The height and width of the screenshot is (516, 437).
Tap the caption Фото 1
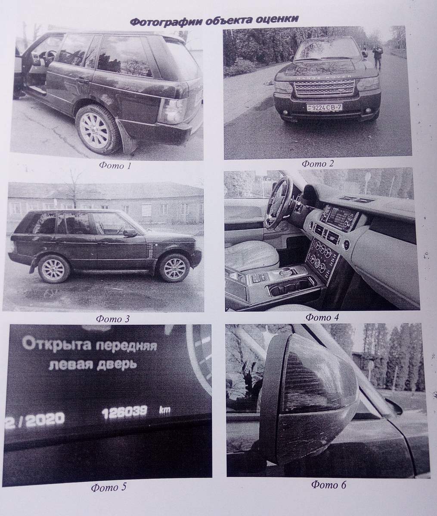click(x=115, y=166)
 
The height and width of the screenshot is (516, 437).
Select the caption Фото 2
click(x=317, y=163)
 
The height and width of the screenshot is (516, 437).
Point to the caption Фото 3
click(x=113, y=319)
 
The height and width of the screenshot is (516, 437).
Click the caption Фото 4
click(x=322, y=317)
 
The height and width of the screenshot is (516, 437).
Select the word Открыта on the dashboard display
click(x=57, y=345)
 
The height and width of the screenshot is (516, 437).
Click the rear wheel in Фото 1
click(x=96, y=129)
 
